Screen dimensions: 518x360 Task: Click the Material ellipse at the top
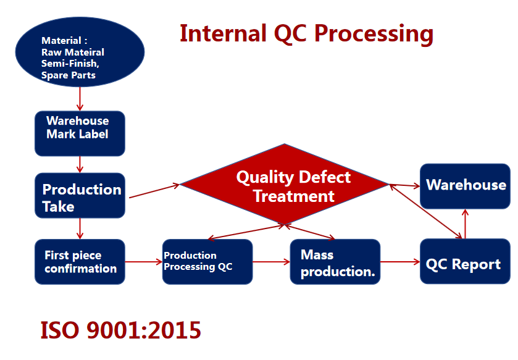click(80, 52)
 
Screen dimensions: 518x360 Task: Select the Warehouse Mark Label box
click(80, 133)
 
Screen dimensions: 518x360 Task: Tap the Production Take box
click(80, 196)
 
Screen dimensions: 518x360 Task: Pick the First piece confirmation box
click(80, 262)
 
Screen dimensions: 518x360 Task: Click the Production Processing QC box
click(207, 262)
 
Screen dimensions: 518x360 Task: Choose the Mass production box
click(335, 262)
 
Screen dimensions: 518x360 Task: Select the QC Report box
click(465, 261)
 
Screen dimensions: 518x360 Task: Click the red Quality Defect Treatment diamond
click(285, 184)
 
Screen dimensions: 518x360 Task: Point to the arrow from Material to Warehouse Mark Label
click(80, 99)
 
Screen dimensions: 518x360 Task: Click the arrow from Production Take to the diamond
click(154, 191)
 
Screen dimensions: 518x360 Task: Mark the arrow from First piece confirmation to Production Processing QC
click(144, 262)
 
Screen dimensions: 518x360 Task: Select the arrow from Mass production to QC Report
click(400, 262)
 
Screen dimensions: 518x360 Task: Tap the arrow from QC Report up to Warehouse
click(465, 224)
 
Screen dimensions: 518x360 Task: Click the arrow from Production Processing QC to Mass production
click(271, 262)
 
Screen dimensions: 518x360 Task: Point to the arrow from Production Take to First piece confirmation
click(80, 228)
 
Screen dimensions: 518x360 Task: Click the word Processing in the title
click(374, 34)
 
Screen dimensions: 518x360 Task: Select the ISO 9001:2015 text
click(120, 330)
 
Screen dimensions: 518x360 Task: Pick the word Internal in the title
click(223, 33)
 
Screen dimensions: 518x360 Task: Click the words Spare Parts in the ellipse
click(69, 75)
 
